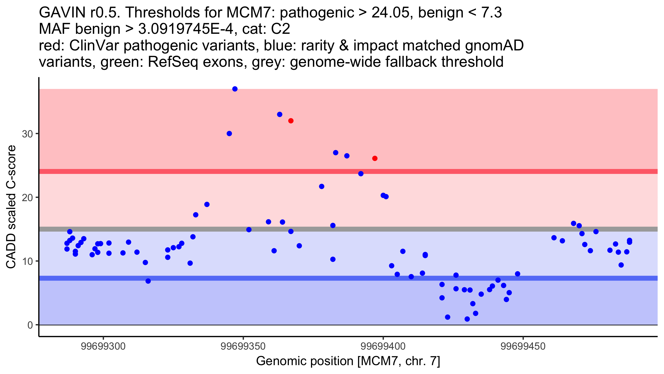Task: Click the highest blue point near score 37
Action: coord(235,89)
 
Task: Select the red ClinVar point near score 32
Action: coord(291,121)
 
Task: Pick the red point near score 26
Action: coord(375,158)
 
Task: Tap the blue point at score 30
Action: coord(229,134)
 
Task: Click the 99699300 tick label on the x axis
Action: coord(103,346)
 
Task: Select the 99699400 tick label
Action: coord(383,346)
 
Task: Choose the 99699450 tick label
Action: coord(523,346)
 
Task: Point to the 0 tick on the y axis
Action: coord(30,325)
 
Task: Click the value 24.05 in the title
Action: coord(390,13)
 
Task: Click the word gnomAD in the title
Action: coord(494,45)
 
